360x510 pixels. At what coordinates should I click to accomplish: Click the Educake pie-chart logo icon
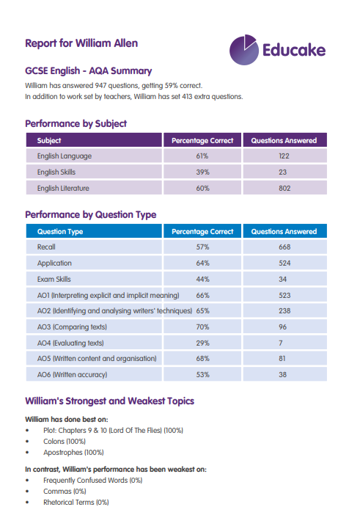(x=244, y=50)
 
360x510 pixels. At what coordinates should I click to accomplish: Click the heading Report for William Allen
(x=81, y=43)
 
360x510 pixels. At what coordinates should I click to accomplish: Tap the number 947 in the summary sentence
(x=100, y=86)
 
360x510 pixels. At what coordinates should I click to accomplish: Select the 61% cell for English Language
(x=202, y=156)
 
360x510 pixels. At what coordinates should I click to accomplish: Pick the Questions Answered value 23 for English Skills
(x=283, y=172)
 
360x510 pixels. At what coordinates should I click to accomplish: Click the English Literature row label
(x=63, y=189)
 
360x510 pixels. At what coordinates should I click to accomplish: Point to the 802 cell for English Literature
(x=284, y=189)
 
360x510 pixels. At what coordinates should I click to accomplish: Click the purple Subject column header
(x=94, y=140)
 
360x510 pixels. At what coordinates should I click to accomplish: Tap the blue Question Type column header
(x=94, y=231)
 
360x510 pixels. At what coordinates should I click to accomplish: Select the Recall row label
(x=46, y=247)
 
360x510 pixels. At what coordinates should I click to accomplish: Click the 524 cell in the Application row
(x=284, y=263)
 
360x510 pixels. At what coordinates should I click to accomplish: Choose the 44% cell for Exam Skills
(x=203, y=279)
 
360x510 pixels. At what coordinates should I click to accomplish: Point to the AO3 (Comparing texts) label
(x=72, y=327)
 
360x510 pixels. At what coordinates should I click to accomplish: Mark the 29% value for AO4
(x=203, y=343)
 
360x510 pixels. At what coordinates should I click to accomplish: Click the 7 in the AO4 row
(x=281, y=343)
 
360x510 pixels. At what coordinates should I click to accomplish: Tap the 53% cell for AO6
(x=203, y=375)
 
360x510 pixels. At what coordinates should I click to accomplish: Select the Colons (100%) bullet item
(x=65, y=441)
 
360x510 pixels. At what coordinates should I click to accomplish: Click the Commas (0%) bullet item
(x=65, y=491)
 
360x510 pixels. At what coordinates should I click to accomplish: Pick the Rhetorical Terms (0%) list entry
(x=76, y=502)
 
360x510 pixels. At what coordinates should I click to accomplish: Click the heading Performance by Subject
(x=76, y=123)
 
